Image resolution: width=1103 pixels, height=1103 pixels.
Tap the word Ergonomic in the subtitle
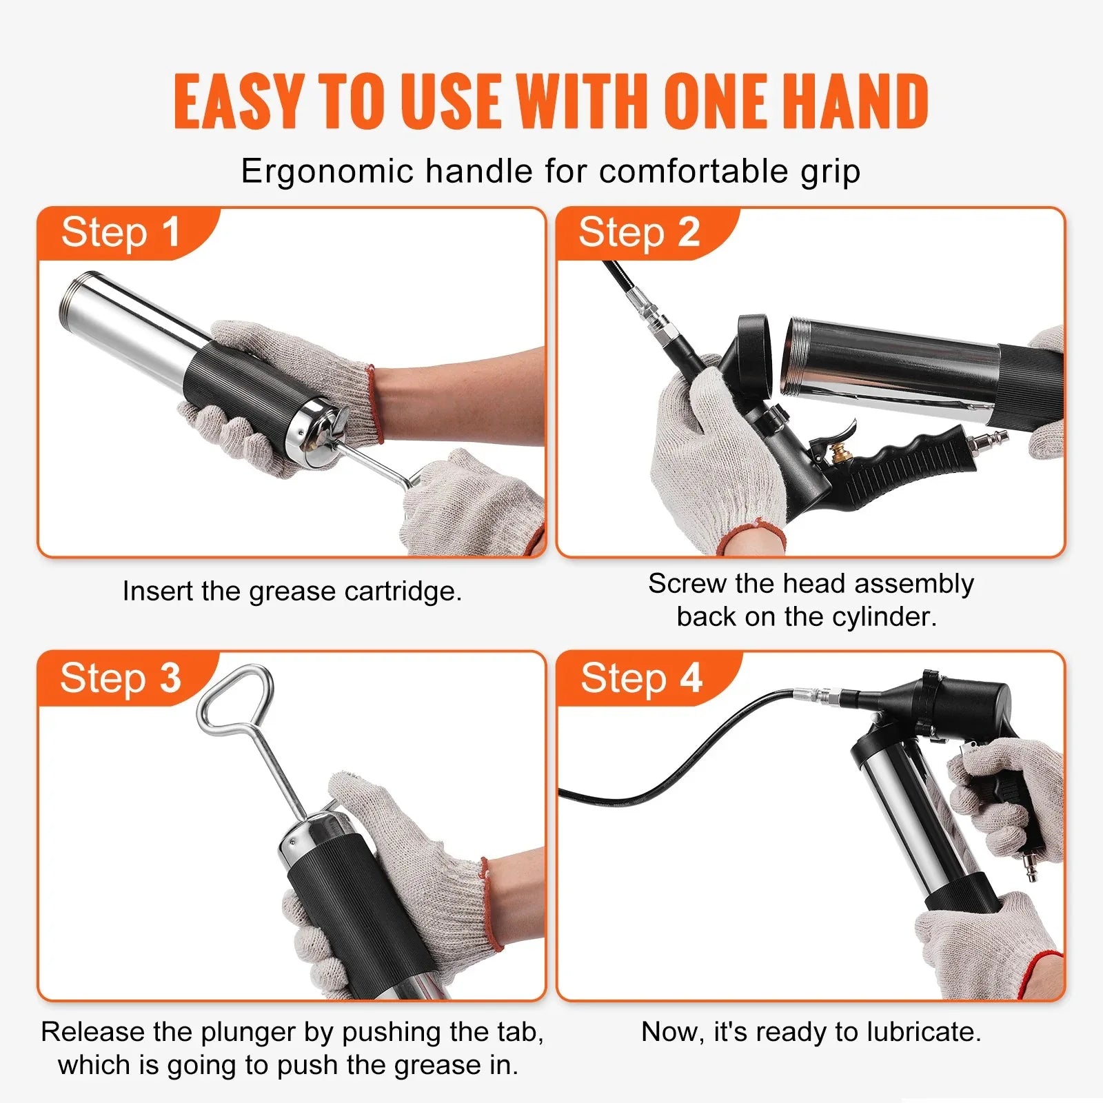point(327,172)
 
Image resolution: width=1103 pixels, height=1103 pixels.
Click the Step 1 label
point(121,232)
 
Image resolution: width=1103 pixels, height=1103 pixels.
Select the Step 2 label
point(639,232)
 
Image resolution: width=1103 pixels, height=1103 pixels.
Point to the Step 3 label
point(121,678)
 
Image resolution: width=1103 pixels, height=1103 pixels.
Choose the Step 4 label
point(641,678)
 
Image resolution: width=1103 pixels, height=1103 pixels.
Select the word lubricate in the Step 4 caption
point(923,1032)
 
